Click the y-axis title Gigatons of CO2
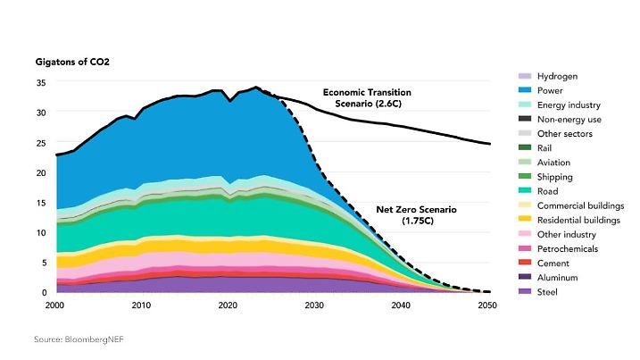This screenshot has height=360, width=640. click(71, 63)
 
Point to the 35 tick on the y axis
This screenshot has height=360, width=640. click(40, 82)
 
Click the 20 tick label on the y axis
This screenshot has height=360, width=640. click(40, 172)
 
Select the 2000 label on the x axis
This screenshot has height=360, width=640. click(55, 306)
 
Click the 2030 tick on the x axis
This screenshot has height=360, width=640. click(315, 306)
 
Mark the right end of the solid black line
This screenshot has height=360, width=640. click(490, 144)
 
